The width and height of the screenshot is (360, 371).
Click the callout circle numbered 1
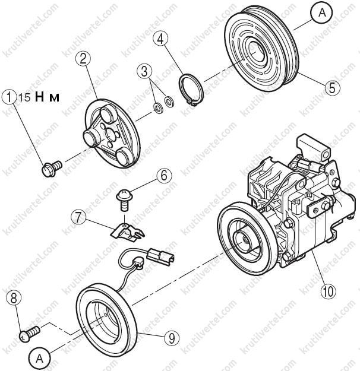tap(10, 97)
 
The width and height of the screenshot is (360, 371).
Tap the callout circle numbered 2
tap(83, 58)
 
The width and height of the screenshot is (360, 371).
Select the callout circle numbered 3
tap(144, 71)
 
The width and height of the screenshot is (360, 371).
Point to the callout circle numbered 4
tap(160, 39)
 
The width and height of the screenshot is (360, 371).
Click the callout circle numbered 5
tap(333, 87)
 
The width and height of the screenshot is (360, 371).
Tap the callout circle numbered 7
tap(79, 217)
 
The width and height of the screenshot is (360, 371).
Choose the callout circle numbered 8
tap(14, 299)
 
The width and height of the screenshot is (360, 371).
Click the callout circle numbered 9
tap(172, 338)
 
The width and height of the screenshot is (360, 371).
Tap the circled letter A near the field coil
tap(40, 359)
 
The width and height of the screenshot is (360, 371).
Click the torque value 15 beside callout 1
tap(24, 97)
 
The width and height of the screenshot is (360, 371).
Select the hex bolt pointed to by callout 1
tap(52, 168)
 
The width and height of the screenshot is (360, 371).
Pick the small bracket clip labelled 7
tap(127, 232)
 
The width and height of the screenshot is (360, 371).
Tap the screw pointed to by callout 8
tap(29, 333)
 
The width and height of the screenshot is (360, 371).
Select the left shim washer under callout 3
tap(158, 108)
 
